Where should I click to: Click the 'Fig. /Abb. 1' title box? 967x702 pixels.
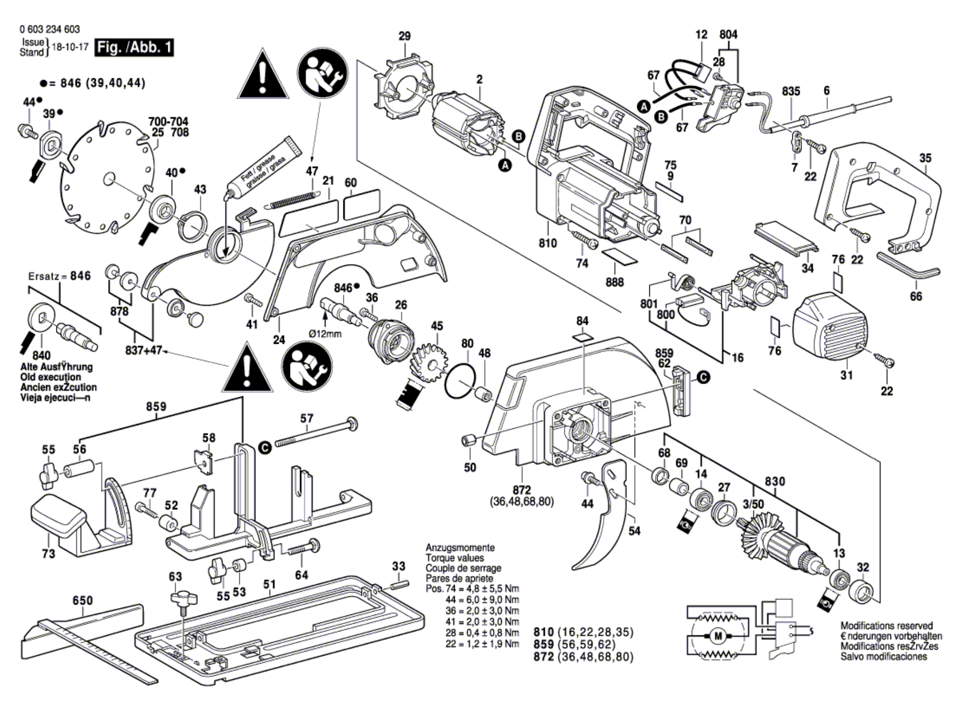tap(134, 48)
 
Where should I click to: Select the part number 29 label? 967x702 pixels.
tap(404, 36)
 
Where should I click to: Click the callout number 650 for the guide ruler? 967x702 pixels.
tap(82, 600)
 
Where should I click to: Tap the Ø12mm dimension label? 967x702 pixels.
tap(325, 334)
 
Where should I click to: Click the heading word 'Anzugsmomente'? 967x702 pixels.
tap(460, 548)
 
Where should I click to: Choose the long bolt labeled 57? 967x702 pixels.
tap(316, 434)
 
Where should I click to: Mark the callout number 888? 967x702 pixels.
tap(615, 282)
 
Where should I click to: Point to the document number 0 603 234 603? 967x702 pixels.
tap(50, 29)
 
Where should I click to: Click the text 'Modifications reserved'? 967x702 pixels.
tap(886, 626)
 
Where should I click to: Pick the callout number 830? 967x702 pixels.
tap(775, 481)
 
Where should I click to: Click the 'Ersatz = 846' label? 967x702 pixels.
tap(59, 276)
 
